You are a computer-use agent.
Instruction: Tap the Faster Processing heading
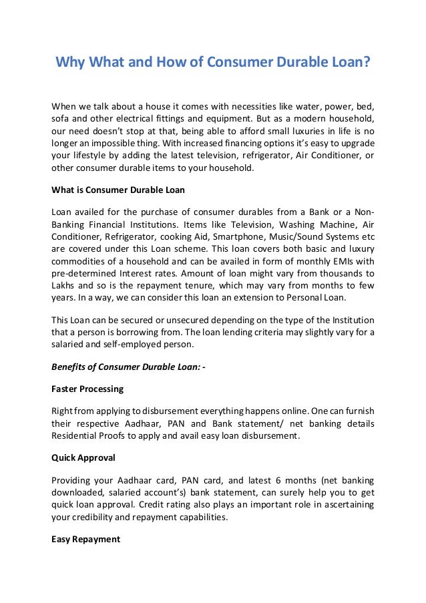(87, 389)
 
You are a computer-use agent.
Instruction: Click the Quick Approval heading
(83, 459)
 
